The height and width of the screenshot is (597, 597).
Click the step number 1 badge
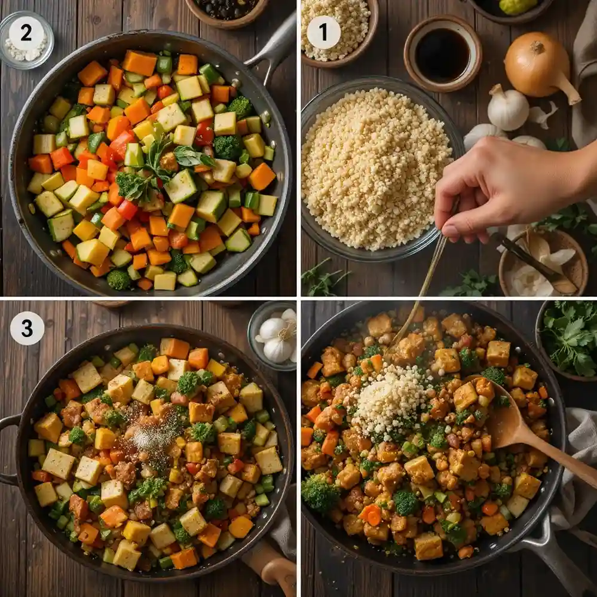(323, 32)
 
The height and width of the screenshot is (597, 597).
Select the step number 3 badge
(27, 328)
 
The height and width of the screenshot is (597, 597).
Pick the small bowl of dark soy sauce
(442, 54)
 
